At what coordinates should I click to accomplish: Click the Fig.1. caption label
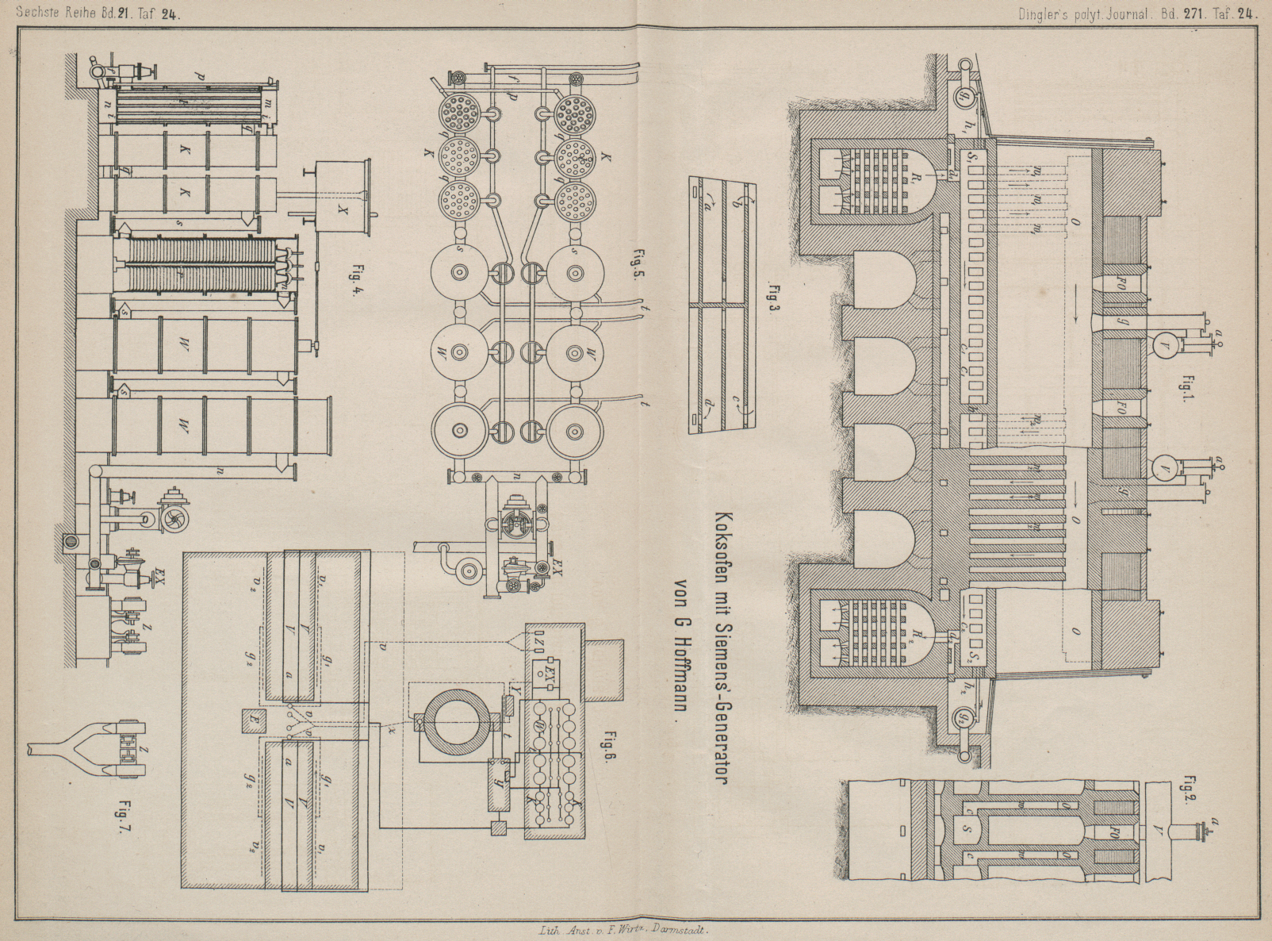(x=1187, y=390)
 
